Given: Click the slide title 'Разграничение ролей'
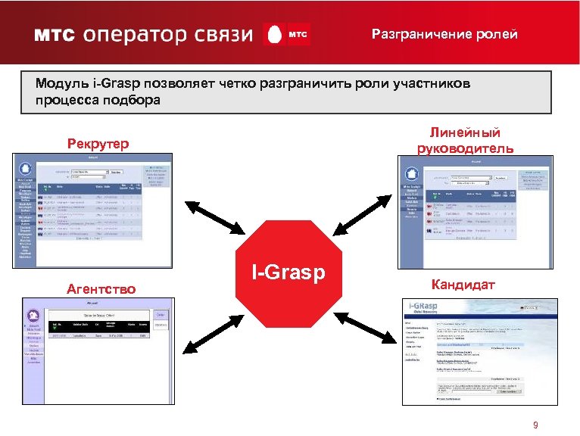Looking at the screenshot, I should click(444, 35).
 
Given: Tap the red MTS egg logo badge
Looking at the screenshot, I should click(286, 35).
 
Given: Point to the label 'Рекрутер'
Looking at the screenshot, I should click(98, 143).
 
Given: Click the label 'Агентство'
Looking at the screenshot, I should click(101, 288).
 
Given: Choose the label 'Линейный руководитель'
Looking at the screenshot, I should click(465, 140).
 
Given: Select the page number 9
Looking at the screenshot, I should click(535, 425).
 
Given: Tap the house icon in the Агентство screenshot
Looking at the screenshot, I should click(32, 316).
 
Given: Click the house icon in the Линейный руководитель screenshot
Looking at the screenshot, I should click(411, 172).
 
